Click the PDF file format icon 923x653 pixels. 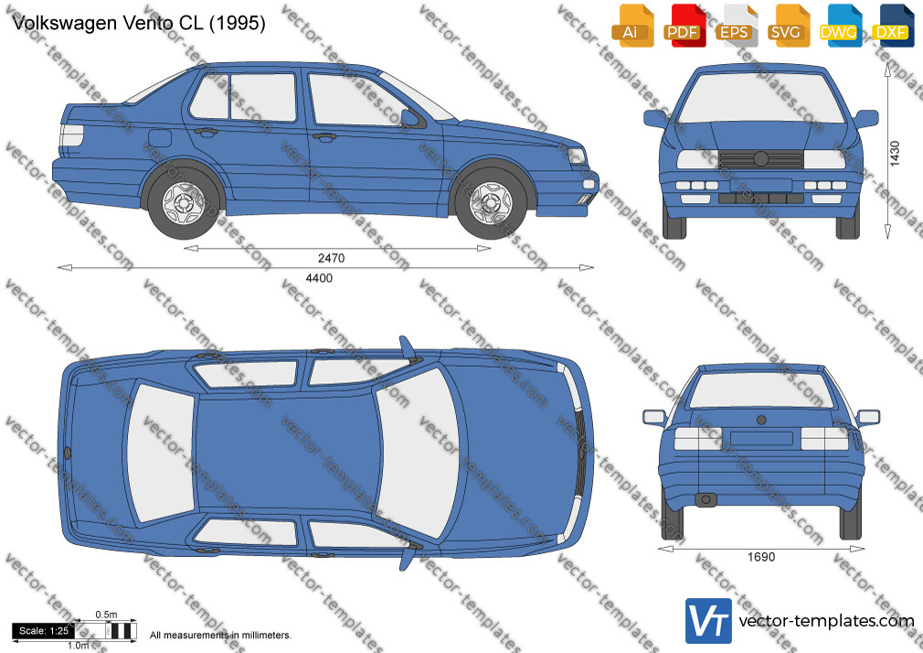tap(684, 26)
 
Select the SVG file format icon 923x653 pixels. tap(788, 26)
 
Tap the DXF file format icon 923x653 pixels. tap(892, 26)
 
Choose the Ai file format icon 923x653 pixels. tap(632, 26)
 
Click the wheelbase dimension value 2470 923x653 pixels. tap(332, 258)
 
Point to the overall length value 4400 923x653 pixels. tap(319, 278)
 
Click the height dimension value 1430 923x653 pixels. tap(895, 154)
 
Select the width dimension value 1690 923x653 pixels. tap(761, 557)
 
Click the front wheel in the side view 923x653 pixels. tap(491, 203)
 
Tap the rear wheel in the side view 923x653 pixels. tap(183, 203)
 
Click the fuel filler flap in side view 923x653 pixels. tap(160, 138)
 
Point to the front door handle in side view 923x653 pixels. tap(324, 137)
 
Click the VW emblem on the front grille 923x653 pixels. tap(760, 158)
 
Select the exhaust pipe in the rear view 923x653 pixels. tap(706, 499)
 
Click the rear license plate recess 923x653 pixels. tap(761, 438)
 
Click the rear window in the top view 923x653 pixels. tap(161, 454)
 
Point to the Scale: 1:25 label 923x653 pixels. tap(44, 631)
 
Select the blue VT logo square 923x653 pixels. tap(708, 621)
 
